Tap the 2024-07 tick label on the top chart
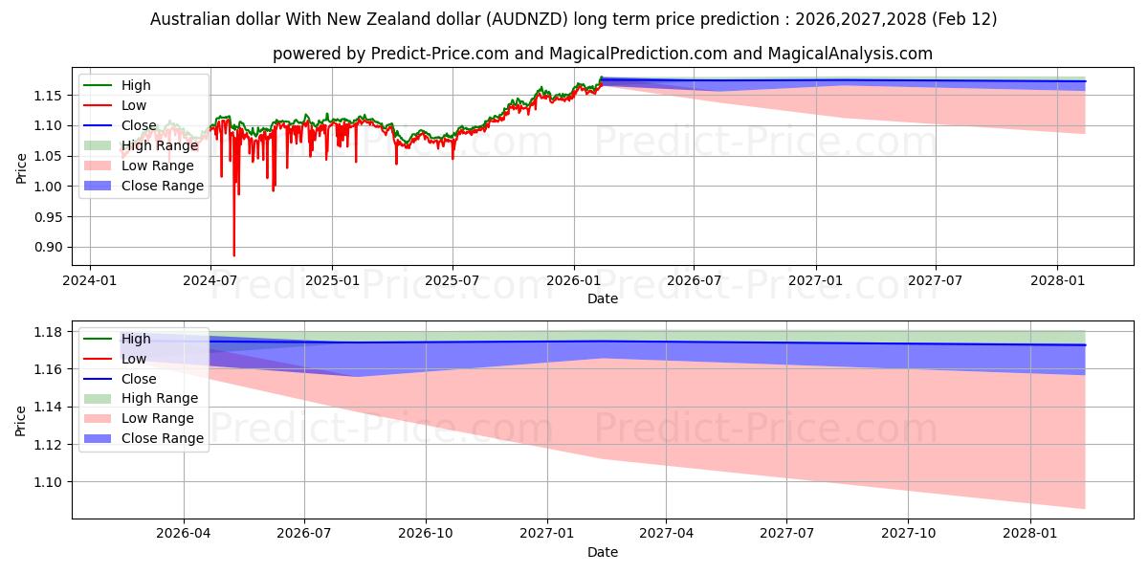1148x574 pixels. [x=210, y=280]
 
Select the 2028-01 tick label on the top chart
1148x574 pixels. [x=1057, y=280]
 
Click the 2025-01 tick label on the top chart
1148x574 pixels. [x=332, y=280]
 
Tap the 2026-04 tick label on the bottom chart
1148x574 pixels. [x=184, y=534]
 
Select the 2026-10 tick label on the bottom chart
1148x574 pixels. [x=426, y=534]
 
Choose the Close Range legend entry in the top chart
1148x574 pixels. [x=162, y=186]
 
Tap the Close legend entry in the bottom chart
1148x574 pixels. [x=139, y=379]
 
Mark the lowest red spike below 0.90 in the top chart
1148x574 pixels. [x=233, y=254]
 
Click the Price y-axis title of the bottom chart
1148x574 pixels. [x=22, y=420]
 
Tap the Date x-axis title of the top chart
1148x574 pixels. [x=603, y=298]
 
